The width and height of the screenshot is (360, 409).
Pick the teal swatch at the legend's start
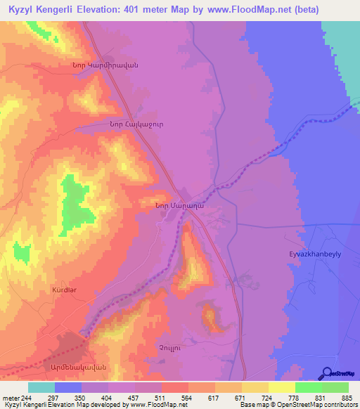coord(41,387)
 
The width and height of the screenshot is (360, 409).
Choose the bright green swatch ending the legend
coord(335,387)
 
